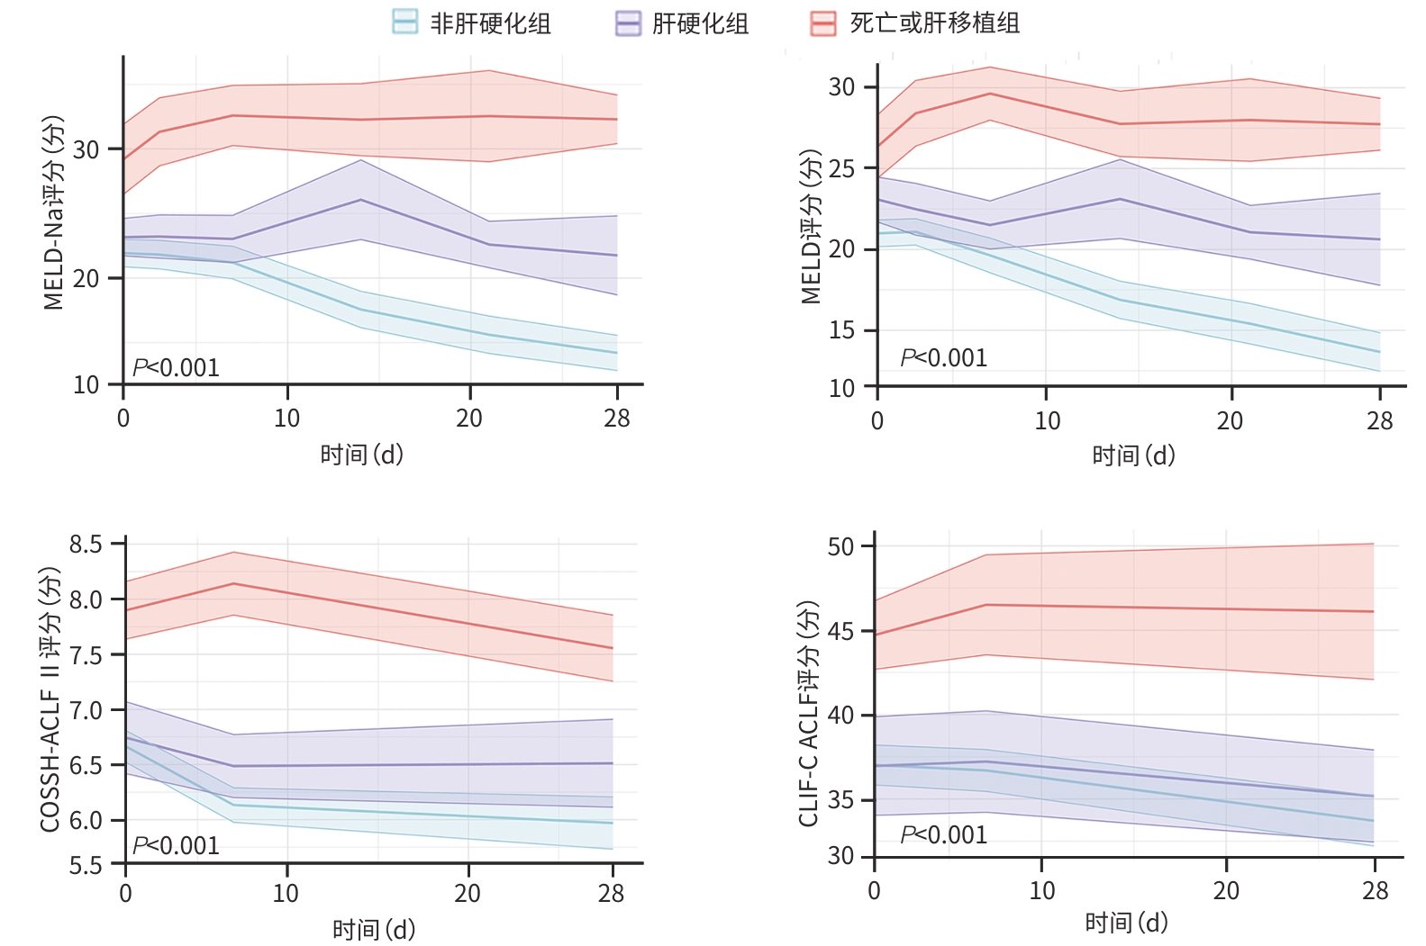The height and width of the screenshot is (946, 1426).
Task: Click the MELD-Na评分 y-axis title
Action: pyautogui.click(x=55, y=212)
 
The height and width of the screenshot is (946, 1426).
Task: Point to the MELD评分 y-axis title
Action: pyautogui.click(x=812, y=227)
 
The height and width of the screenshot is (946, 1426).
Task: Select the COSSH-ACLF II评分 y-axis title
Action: pyautogui.click(x=50, y=699)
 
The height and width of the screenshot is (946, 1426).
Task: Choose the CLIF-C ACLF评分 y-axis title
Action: pyautogui.click(x=809, y=713)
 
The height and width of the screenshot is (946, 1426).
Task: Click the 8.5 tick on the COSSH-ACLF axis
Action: pyautogui.click(x=87, y=545)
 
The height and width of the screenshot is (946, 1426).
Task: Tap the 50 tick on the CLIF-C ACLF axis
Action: pyautogui.click(x=840, y=547)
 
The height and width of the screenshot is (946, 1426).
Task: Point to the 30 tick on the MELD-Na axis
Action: pyautogui.click(x=86, y=149)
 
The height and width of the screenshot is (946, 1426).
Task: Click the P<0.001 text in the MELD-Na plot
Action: pyautogui.click(x=176, y=367)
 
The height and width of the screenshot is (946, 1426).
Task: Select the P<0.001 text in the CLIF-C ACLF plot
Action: pyautogui.click(x=944, y=834)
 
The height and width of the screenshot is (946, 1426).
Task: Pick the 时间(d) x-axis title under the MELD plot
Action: pyautogui.click(x=1133, y=455)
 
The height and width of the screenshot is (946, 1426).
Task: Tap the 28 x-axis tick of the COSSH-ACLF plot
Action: pyautogui.click(x=612, y=893)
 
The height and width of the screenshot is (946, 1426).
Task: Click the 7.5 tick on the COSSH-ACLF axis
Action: pyautogui.click(x=87, y=655)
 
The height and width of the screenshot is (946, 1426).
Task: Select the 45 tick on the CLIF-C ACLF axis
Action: pyautogui.click(x=840, y=632)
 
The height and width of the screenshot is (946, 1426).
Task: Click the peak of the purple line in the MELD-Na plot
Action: pyautogui.click(x=361, y=200)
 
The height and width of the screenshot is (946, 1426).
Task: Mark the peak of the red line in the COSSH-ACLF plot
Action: pyautogui.click(x=234, y=583)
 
